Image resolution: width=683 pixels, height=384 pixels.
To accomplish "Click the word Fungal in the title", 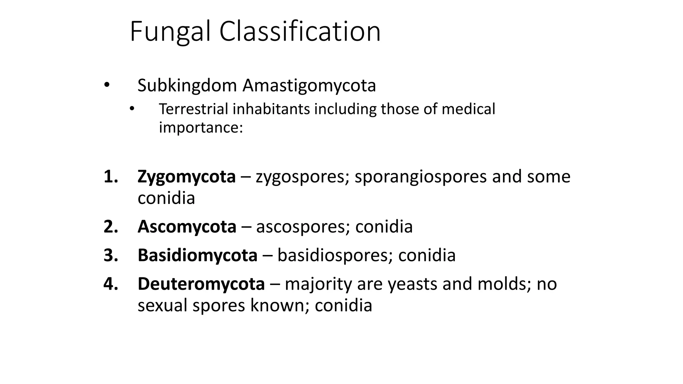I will coord(170,32).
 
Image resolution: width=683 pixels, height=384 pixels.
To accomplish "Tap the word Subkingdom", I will coord(187,86).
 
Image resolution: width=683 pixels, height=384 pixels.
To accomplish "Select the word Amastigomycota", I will coord(309,86).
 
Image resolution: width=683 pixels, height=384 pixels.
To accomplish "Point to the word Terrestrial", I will coord(193,109).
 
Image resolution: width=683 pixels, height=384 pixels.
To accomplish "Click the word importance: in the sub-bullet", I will coord(201,128).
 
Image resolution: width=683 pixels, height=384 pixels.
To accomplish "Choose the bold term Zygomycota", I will coord(186,177).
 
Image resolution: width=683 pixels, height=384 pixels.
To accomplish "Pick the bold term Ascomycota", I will coord(187,227).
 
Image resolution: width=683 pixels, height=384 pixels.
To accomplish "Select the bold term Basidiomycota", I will coord(197,255).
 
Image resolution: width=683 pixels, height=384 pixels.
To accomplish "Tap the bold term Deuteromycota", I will coord(201,284).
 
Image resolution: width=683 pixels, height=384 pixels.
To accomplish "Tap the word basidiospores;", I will coord(335,255).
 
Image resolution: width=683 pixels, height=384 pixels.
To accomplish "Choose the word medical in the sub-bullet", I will coord(468,109).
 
